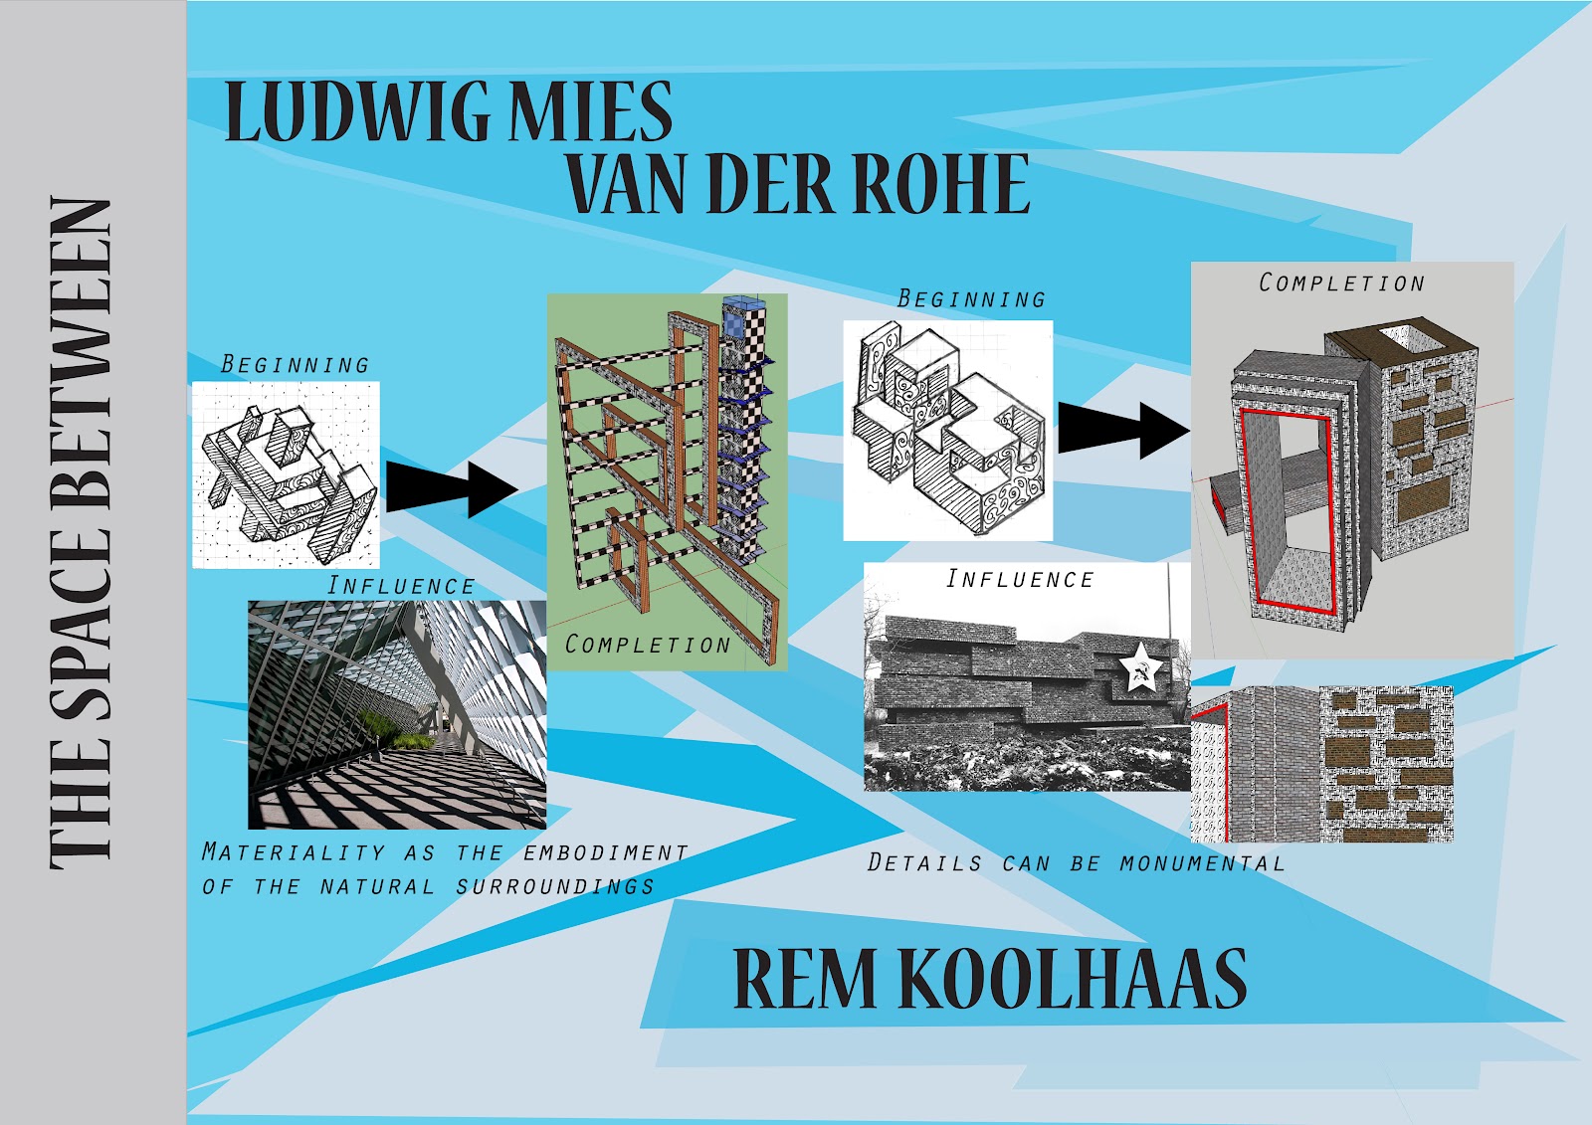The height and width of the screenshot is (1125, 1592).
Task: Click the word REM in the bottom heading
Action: (x=806, y=979)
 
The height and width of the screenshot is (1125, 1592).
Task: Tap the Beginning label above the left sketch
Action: (x=295, y=365)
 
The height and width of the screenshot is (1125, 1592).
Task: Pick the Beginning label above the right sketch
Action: (x=971, y=298)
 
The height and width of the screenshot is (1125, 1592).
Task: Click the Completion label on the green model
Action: (x=648, y=645)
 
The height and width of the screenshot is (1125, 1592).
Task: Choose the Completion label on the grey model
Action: (x=1341, y=283)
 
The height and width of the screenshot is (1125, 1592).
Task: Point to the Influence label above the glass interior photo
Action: (x=401, y=586)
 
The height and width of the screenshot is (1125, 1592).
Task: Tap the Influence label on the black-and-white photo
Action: (x=1019, y=579)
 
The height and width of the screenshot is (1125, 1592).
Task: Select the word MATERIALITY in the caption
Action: (x=293, y=852)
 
